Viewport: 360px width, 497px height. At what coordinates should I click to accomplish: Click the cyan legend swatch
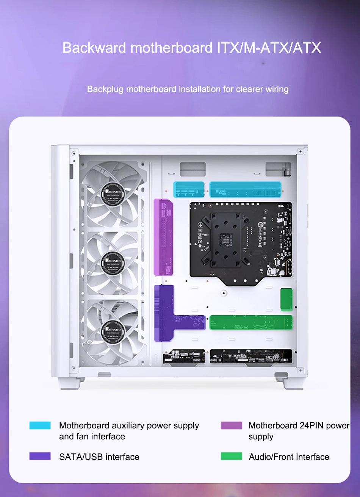[x=40, y=425]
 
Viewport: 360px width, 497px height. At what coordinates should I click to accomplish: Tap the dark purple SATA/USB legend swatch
[x=40, y=456]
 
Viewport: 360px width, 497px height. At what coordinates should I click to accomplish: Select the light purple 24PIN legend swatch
[x=231, y=425]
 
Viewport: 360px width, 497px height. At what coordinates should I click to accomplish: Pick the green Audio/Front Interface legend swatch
[x=231, y=456]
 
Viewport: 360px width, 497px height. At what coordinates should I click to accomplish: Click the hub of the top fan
[x=113, y=194]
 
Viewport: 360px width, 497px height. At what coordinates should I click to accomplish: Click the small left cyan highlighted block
[x=189, y=189]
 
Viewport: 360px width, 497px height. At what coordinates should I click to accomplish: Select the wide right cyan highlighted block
[x=245, y=189]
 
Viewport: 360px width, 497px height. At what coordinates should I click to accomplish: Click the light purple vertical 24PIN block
[x=163, y=237]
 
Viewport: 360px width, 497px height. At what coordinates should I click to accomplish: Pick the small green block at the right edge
[x=286, y=299]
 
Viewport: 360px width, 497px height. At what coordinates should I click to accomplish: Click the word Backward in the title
[x=94, y=48]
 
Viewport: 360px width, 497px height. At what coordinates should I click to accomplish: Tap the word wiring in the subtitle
[x=277, y=89]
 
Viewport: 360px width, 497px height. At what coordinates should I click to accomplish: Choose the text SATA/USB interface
[x=99, y=457]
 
